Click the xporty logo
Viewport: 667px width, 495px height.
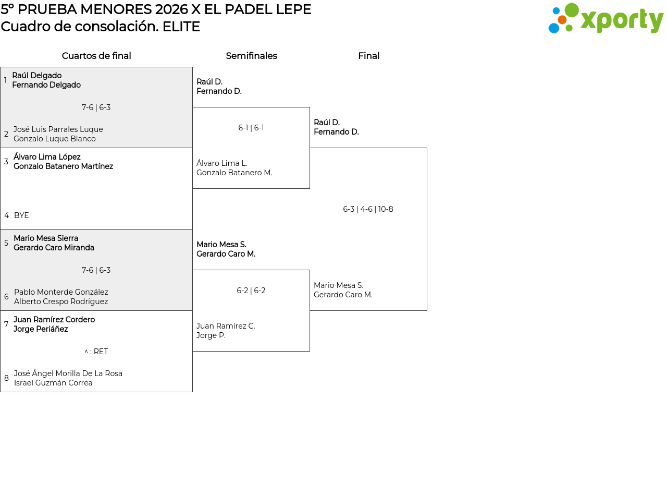tap(606, 18)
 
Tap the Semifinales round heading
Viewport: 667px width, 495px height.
tap(251, 56)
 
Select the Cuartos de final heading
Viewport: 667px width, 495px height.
tap(96, 56)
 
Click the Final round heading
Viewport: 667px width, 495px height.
tap(369, 56)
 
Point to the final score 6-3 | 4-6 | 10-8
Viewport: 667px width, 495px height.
tap(368, 209)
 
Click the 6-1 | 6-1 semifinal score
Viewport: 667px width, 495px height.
tap(251, 128)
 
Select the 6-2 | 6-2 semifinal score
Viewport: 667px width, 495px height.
tap(251, 290)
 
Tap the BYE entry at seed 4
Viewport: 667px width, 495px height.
tap(21, 215)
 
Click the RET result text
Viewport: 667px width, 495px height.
tap(101, 352)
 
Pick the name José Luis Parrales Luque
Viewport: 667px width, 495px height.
tap(58, 129)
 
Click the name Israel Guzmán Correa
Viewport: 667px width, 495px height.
tap(53, 383)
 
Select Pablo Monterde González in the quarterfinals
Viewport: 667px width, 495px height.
tap(61, 292)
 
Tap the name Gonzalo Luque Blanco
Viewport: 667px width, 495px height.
tap(54, 139)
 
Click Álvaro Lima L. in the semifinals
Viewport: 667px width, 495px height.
tap(221, 163)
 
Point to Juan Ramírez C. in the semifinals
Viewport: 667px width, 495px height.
tap(226, 326)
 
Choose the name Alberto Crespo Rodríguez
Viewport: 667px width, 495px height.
tap(61, 301)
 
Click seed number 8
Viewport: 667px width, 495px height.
tap(6, 378)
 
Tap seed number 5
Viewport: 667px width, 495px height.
tap(6, 243)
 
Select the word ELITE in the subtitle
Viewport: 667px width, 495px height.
tap(181, 27)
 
